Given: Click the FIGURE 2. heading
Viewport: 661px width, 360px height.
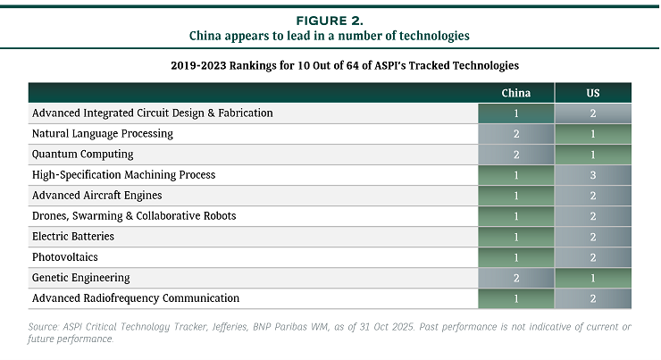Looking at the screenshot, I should pyautogui.click(x=330, y=20).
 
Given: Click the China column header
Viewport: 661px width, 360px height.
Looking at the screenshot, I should pyautogui.click(x=515, y=93).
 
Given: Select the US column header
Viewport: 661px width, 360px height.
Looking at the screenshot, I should pyautogui.click(x=593, y=93).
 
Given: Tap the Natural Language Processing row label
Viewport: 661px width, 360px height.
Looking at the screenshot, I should pyautogui.click(x=103, y=134).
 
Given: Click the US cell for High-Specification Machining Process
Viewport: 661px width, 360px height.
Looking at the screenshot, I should pyautogui.click(x=593, y=175).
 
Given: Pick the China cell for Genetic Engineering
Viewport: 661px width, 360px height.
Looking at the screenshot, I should pyautogui.click(x=515, y=278).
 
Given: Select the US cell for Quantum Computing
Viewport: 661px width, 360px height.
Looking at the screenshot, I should pyautogui.click(x=593, y=155).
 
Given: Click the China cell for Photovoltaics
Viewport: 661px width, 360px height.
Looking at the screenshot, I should pyautogui.click(x=515, y=257).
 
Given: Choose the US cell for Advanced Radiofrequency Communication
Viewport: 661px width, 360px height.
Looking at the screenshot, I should pyautogui.click(x=593, y=298).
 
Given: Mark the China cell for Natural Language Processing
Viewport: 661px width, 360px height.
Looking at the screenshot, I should pyautogui.click(x=515, y=134).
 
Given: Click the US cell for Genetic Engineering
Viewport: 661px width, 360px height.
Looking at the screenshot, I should pyautogui.click(x=593, y=278).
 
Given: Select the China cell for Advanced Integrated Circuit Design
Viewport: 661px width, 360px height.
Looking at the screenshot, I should pyautogui.click(x=515, y=113).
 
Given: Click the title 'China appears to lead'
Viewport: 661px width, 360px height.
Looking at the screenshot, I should pyautogui.click(x=330, y=36).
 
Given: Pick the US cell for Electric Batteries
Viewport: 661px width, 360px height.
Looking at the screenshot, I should pyautogui.click(x=593, y=237).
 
